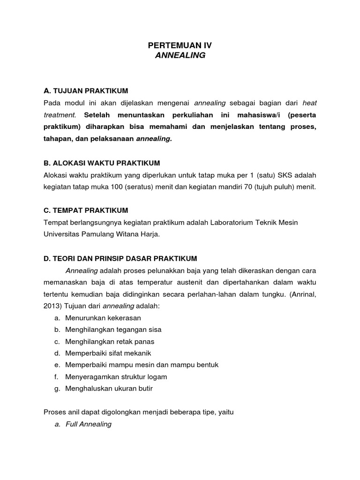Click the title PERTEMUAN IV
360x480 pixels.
(180, 45)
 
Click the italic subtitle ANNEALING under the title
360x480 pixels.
(180, 55)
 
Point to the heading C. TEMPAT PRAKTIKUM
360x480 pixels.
(86, 210)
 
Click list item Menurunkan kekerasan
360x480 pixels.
(103, 318)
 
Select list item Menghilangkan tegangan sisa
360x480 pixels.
(113, 330)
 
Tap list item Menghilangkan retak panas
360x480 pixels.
(110, 342)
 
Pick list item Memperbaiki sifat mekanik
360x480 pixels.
(108, 353)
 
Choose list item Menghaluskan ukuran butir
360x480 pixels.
(109, 389)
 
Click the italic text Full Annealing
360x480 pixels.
(89, 424)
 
